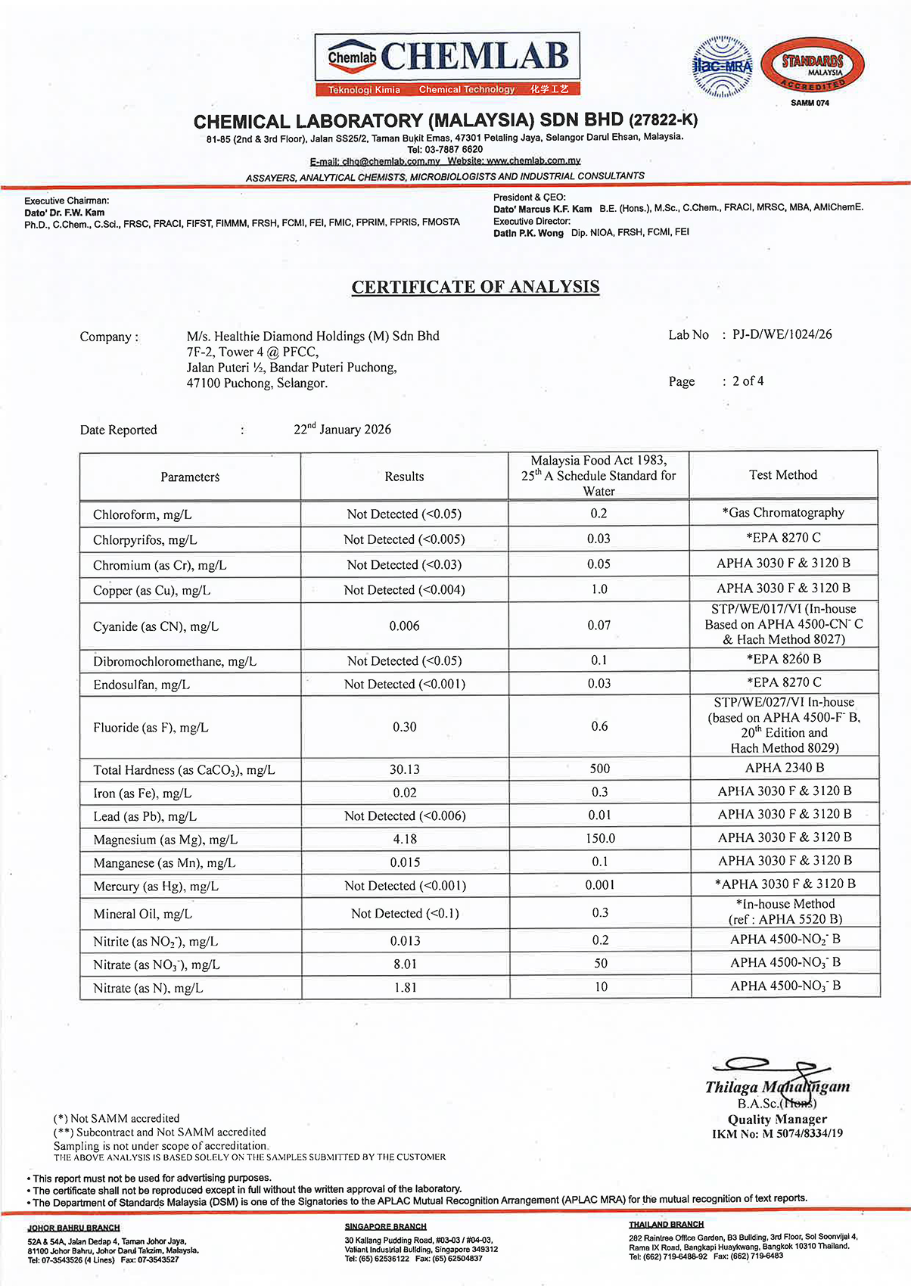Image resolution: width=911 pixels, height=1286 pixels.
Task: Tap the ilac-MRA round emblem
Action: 723,67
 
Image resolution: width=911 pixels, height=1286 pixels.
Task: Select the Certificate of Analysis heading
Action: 475,287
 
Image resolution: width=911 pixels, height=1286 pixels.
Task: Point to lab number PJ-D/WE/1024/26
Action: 782,334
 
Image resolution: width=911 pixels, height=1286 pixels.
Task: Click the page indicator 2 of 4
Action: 748,381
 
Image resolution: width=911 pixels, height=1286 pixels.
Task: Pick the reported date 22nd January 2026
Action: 342,430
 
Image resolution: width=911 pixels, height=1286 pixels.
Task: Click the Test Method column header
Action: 783,475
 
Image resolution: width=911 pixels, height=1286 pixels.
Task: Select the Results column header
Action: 404,477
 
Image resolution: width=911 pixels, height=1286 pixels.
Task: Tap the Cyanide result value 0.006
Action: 404,626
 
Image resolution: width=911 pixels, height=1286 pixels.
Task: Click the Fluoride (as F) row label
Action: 151,728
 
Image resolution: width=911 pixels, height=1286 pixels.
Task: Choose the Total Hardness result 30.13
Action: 404,769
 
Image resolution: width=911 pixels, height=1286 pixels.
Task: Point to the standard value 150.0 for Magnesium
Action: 600,839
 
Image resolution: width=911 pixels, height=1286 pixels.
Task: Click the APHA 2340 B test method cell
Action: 784,768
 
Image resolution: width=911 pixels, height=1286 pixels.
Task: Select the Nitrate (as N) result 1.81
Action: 405,988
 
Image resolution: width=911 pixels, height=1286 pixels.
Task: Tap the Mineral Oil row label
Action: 142,914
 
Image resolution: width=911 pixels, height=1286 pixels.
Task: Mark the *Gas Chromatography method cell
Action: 783,513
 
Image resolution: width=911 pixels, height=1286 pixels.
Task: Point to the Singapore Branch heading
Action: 385,1226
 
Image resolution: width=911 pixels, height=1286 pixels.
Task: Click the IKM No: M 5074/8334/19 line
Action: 777,1134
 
